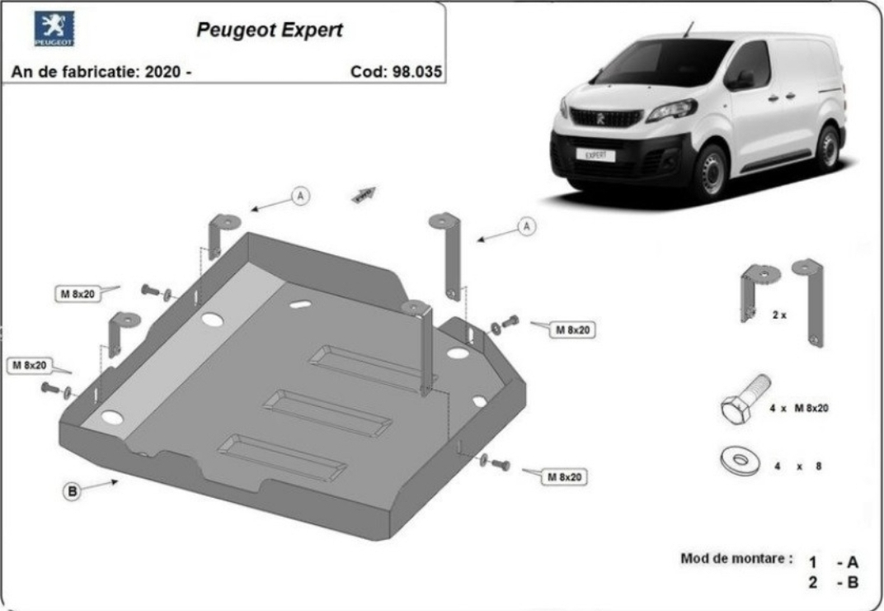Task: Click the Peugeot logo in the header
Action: tap(54, 28)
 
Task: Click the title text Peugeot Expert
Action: tap(270, 30)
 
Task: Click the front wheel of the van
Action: tap(712, 172)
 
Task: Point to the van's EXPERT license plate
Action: tap(595, 154)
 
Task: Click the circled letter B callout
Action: tap(72, 491)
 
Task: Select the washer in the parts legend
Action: tap(741, 460)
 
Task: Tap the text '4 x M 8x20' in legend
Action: tap(799, 408)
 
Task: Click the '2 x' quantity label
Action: tap(779, 315)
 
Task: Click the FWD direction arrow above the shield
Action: tap(364, 194)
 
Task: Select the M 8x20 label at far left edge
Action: tap(30, 365)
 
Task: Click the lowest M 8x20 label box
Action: tap(564, 477)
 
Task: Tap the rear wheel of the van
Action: tap(827, 149)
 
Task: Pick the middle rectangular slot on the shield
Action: tap(327, 413)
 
